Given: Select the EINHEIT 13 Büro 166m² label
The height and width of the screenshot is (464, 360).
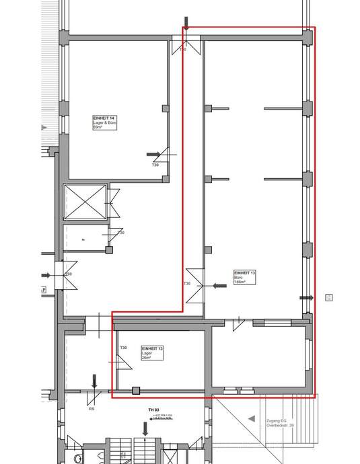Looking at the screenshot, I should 244,277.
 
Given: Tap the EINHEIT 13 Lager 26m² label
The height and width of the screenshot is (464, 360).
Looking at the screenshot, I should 151,353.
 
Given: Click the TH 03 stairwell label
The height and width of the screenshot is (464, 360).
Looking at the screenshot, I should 153,410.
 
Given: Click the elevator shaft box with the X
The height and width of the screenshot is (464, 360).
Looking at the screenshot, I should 85,201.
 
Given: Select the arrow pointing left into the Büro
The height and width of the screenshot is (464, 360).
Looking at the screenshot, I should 219,286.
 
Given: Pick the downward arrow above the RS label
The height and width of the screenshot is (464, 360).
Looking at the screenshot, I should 94,381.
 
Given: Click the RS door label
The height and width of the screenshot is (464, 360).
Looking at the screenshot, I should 91,408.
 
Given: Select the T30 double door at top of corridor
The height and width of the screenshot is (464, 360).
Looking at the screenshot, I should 184,46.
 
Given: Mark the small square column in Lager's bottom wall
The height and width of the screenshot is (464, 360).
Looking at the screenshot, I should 135,390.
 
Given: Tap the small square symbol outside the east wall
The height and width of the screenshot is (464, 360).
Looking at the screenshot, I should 328,295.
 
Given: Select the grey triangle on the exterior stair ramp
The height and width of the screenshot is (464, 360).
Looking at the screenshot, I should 252,418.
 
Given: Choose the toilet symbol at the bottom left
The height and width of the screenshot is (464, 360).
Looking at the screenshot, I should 79,458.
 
